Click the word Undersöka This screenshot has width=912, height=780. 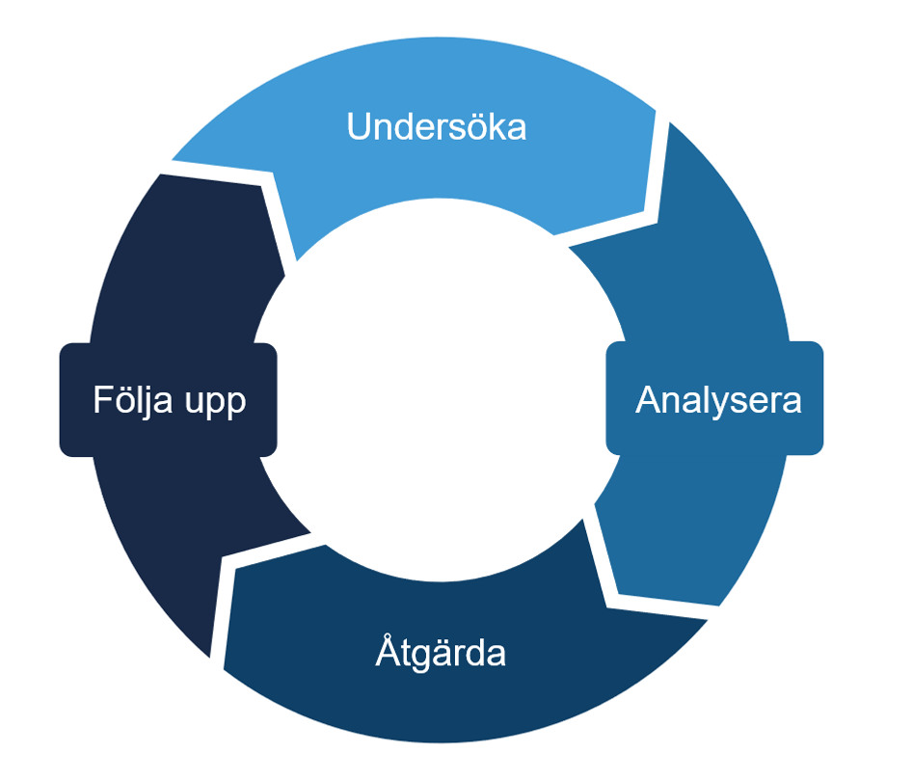point(437,126)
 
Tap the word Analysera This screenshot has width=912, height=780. point(718,399)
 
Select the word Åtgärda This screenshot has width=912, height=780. point(441,653)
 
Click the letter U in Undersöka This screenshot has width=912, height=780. point(358,126)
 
